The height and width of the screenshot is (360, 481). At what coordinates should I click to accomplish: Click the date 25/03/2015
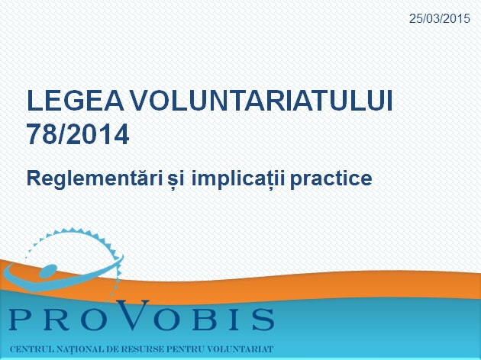point(440,19)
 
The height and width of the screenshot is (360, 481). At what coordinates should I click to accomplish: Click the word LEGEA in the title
point(75,101)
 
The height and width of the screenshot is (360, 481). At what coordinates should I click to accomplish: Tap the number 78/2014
point(78,134)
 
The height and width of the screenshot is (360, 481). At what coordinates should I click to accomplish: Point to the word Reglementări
point(95,178)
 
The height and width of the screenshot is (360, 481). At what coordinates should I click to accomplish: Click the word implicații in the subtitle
point(238,179)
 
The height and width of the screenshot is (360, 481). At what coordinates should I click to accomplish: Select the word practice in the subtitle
point(331,179)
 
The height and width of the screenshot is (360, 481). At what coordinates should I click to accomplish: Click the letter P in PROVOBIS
point(21,320)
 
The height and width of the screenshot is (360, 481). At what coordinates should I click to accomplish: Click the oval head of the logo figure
point(48,271)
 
